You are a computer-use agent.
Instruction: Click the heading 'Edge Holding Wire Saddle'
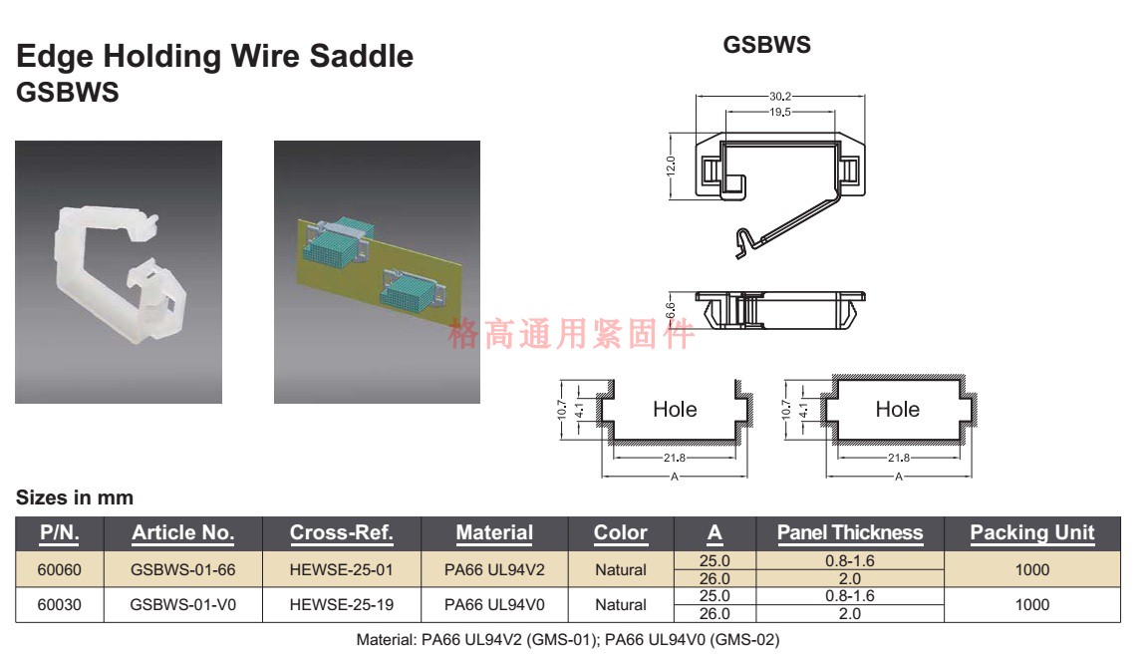tap(214, 56)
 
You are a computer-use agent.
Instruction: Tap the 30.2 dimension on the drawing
tap(780, 97)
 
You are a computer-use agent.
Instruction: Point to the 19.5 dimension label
tap(780, 113)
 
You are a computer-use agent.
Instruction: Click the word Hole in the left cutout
tap(675, 409)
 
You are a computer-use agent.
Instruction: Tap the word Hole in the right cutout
tap(897, 409)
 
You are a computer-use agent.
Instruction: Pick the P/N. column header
tap(59, 532)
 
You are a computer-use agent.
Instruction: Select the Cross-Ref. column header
tap(341, 532)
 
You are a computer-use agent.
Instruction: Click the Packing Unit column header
tap(1031, 532)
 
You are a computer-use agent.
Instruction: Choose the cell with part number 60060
tap(59, 570)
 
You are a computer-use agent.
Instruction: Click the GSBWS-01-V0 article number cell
tap(183, 604)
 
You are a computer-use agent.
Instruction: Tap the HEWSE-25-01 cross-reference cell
tap(341, 570)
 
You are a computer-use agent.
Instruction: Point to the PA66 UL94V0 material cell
tap(493, 604)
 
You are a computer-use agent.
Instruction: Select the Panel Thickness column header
tap(849, 532)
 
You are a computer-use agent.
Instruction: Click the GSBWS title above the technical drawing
tap(766, 46)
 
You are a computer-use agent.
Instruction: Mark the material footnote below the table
tap(568, 640)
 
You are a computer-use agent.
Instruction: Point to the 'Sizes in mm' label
tap(75, 496)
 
